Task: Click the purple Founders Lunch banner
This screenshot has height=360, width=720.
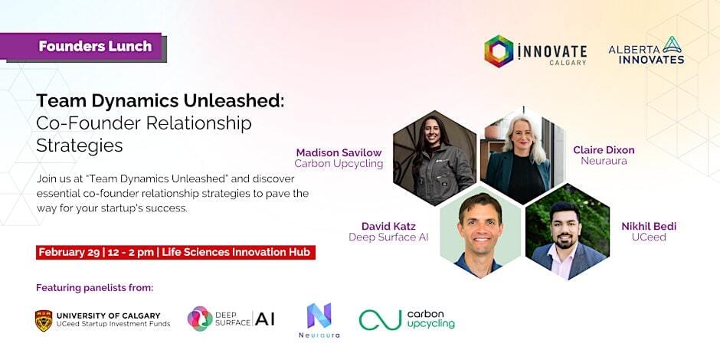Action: [x=83, y=47]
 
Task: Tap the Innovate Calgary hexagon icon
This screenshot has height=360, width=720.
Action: [x=499, y=51]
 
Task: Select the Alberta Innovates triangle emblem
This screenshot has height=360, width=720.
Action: [x=673, y=44]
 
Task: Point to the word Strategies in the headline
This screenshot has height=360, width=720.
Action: [x=80, y=145]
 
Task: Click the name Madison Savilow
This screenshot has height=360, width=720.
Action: [x=339, y=152]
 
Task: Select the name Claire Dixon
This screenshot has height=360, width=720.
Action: [x=604, y=149]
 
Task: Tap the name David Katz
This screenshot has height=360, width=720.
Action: [x=388, y=226]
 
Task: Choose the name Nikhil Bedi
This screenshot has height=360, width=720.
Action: [x=649, y=226]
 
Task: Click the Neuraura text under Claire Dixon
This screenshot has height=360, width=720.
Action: [x=604, y=161]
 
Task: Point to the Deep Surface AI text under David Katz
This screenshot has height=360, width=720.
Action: [x=388, y=237]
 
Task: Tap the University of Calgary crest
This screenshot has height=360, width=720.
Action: [x=44, y=320]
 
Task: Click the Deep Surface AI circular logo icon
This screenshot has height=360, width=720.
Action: [x=200, y=318]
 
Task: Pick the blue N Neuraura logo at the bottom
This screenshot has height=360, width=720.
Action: [x=319, y=316]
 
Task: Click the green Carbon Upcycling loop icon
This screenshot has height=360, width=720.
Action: [x=380, y=319]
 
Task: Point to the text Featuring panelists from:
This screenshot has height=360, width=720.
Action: [x=94, y=288]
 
